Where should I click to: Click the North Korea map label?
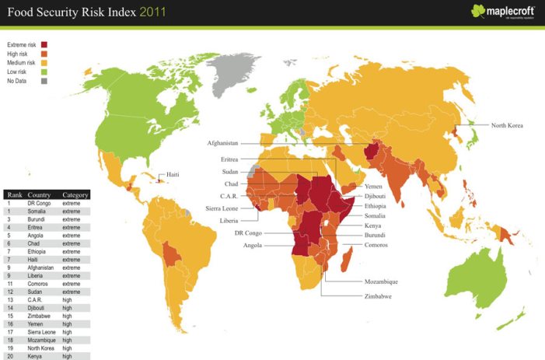pos(509,124)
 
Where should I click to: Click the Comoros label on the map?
pos(377,245)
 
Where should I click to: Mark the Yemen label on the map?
pos(372,187)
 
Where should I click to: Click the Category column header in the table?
pos(75,194)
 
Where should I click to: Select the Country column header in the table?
pos(40,194)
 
